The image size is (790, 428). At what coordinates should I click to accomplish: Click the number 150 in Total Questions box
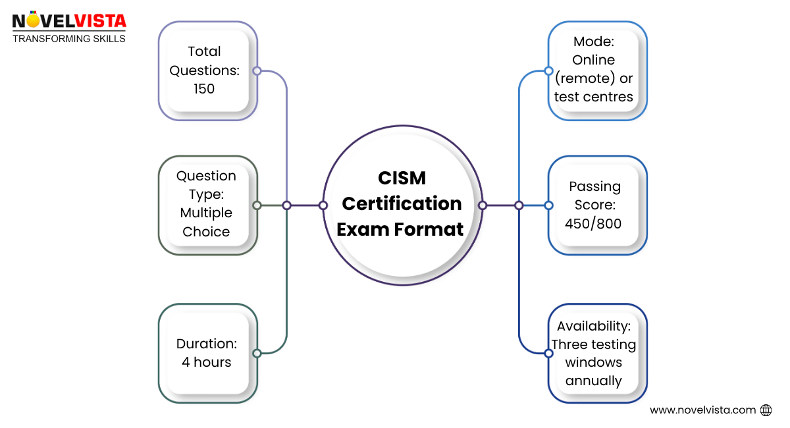pos(204,88)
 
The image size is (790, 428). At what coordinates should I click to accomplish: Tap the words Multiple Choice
pos(206,223)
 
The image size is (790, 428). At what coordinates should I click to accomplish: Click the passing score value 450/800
pos(593,223)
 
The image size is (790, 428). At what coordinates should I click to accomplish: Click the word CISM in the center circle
pos(402,178)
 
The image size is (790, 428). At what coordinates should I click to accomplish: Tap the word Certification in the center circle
pos(402,203)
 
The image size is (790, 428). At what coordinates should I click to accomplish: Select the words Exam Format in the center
pos(402,229)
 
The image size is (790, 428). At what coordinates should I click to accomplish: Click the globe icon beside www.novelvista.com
pos(766,410)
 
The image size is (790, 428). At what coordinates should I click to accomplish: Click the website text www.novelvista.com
pos(702,410)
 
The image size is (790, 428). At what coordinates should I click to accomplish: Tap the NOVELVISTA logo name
pos(69,21)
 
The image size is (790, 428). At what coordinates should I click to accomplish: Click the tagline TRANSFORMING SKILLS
pos(69,39)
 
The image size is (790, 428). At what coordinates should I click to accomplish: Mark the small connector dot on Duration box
pos(257,354)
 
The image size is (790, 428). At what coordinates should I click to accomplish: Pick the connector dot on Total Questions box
pos(257,70)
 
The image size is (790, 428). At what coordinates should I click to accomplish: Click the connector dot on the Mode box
pos(548,70)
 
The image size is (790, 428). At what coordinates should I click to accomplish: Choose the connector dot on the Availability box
pos(548,354)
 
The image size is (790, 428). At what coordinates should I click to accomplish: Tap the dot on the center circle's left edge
pos(323,205)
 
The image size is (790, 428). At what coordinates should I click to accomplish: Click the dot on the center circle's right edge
pos(482,205)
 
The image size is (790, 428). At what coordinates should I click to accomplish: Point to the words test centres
pos(593,97)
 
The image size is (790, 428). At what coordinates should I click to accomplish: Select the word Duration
pos(206,344)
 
